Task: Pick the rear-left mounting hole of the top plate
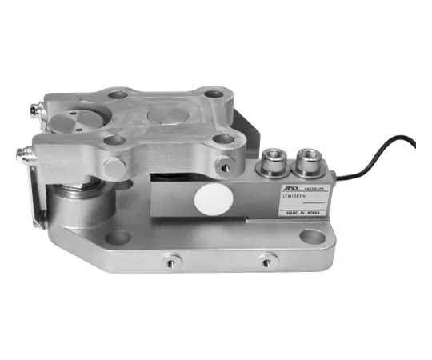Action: pyautogui.click(x=118, y=94)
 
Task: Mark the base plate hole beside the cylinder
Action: pyautogui.click(x=118, y=237)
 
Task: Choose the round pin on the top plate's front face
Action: pyautogui.click(x=114, y=167)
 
